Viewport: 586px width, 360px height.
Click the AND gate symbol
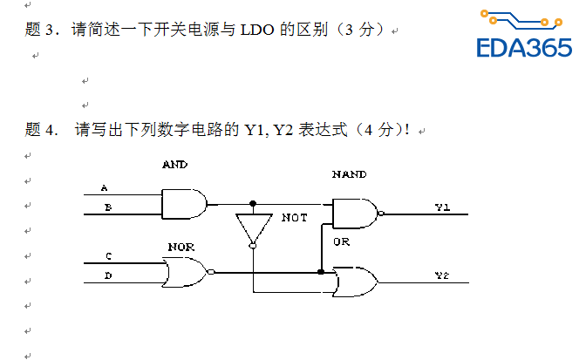pyautogui.click(x=184, y=205)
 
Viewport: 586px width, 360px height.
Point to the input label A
pyautogui.click(x=105, y=188)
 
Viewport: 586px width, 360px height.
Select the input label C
pyautogui.click(x=108, y=256)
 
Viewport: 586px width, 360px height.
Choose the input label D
pyautogui.click(x=108, y=276)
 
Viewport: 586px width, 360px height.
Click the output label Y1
pyautogui.click(x=442, y=207)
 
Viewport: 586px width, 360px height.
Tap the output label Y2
pyautogui.click(x=442, y=275)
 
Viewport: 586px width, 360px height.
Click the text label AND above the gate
pyautogui.click(x=174, y=164)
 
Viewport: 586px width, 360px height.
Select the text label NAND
pyautogui.click(x=349, y=174)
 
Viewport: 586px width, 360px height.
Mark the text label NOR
pyautogui.click(x=181, y=247)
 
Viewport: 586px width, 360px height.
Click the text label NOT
pyautogui.click(x=294, y=217)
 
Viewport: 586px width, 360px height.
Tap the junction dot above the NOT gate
pyautogui.click(x=252, y=203)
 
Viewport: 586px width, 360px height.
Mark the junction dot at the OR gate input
pyautogui.click(x=321, y=272)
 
